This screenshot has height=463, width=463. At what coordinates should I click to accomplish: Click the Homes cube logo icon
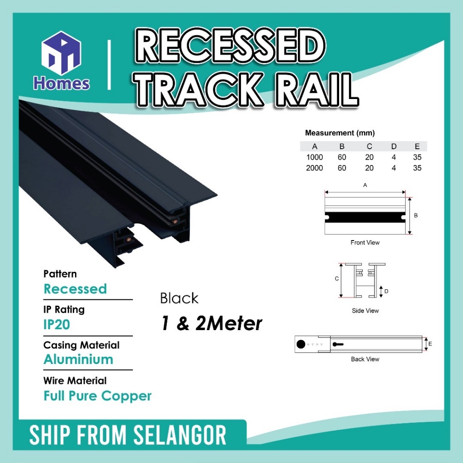(61, 53)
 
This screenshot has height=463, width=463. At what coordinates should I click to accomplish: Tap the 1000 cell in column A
(315, 157)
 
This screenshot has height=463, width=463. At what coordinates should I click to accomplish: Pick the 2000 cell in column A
(315, 168)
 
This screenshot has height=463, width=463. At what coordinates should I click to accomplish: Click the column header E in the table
(417, 146)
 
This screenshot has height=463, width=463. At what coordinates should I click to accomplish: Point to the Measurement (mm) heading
(340, 133)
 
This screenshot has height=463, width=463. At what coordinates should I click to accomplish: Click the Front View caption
(365, 242)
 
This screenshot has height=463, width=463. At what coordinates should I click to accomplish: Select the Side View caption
(365, 311)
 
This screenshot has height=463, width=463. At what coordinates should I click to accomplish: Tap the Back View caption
(365, 359)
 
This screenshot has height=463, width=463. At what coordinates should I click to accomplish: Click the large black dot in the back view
(301, 344)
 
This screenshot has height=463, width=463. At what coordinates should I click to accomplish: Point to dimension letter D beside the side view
(386, 292)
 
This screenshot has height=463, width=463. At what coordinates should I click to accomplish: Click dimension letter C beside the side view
(336, 279)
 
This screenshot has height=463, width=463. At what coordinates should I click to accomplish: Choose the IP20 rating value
(57, 325)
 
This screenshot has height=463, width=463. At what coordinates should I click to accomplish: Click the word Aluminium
(78, 359)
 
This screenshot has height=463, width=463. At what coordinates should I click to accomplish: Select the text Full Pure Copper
(98, 396)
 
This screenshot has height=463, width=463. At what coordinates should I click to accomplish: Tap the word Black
(179, 298)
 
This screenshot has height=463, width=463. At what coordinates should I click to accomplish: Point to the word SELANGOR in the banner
(180, 435)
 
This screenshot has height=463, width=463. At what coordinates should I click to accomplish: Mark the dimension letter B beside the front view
(416, 216)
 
